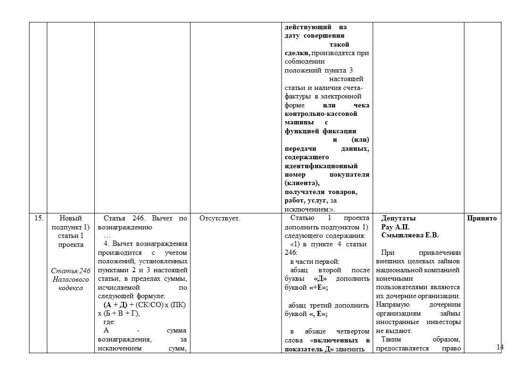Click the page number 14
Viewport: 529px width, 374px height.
coord(500,347)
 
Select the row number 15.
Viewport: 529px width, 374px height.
coord(40,218)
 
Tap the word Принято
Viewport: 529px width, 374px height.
coord(482,218)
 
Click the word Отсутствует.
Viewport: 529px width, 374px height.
coord(220,218)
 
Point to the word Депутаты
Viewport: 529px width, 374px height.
coord(398,218)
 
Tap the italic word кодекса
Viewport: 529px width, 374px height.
coord(71,288)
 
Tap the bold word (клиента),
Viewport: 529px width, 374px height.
coord(302,183)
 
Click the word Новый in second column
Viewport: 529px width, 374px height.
coord(71,218)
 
